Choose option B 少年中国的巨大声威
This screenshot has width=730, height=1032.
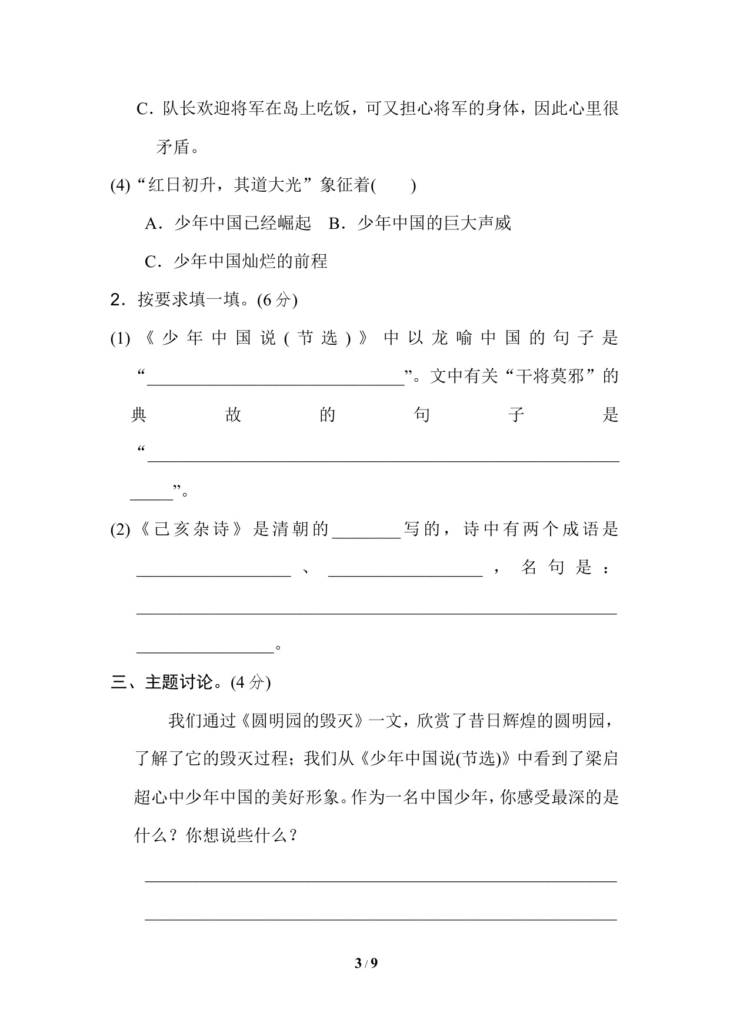(419, 224)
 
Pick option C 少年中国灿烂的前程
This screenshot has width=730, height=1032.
(236, 261)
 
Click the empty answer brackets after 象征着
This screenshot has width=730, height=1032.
(394, 186)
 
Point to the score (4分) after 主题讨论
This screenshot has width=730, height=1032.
(251, 683)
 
